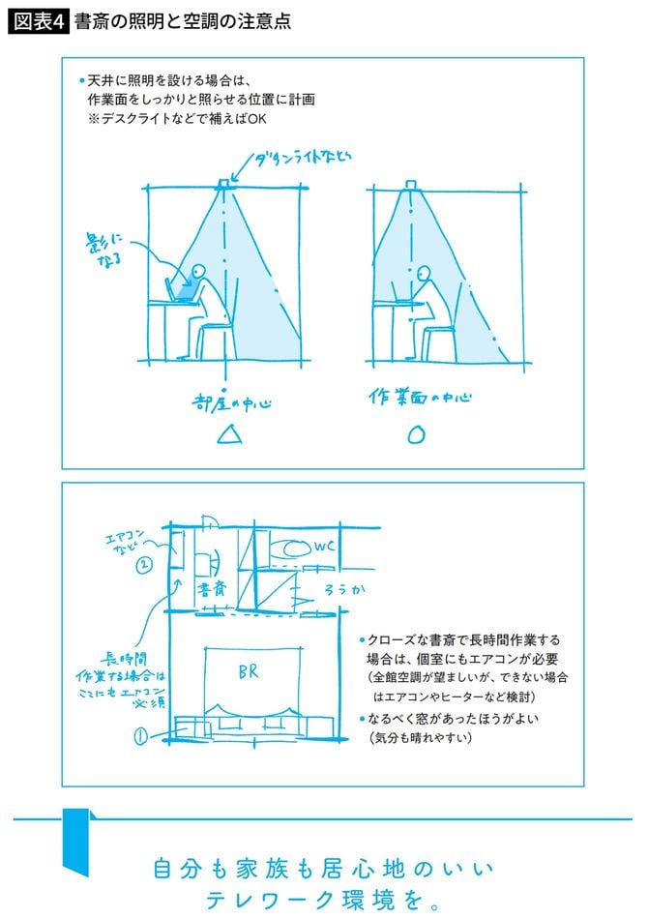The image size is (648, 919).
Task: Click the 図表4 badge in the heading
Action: click(x=40, y=19)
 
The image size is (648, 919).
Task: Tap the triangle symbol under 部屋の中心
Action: click(x=227, y=436)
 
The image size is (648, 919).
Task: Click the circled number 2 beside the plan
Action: click(x=142, y=565)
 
